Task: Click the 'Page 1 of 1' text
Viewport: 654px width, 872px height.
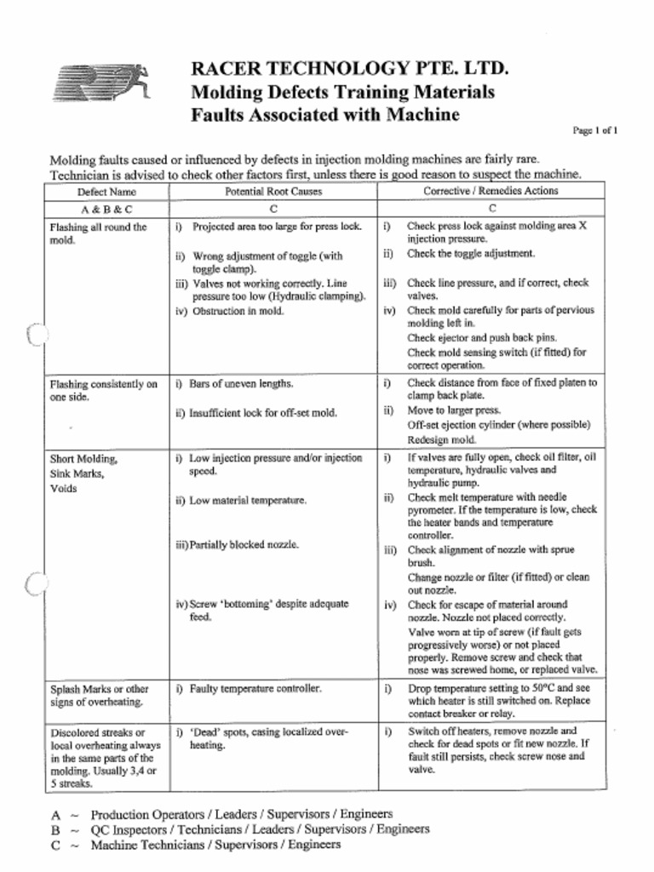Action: (594, 130)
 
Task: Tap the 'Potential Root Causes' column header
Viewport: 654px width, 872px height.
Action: (273, 192)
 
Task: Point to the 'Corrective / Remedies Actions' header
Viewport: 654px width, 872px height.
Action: (490, 192)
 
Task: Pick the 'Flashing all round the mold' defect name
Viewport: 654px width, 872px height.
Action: (98, 233)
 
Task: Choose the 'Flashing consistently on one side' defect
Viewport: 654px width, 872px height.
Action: (103, 390)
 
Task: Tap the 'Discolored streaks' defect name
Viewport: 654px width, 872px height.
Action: (99, 732)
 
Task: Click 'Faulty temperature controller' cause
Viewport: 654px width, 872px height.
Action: (255, 688)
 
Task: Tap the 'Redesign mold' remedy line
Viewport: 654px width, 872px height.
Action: (441, 440)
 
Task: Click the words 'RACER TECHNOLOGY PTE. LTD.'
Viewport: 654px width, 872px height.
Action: (350, 69)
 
